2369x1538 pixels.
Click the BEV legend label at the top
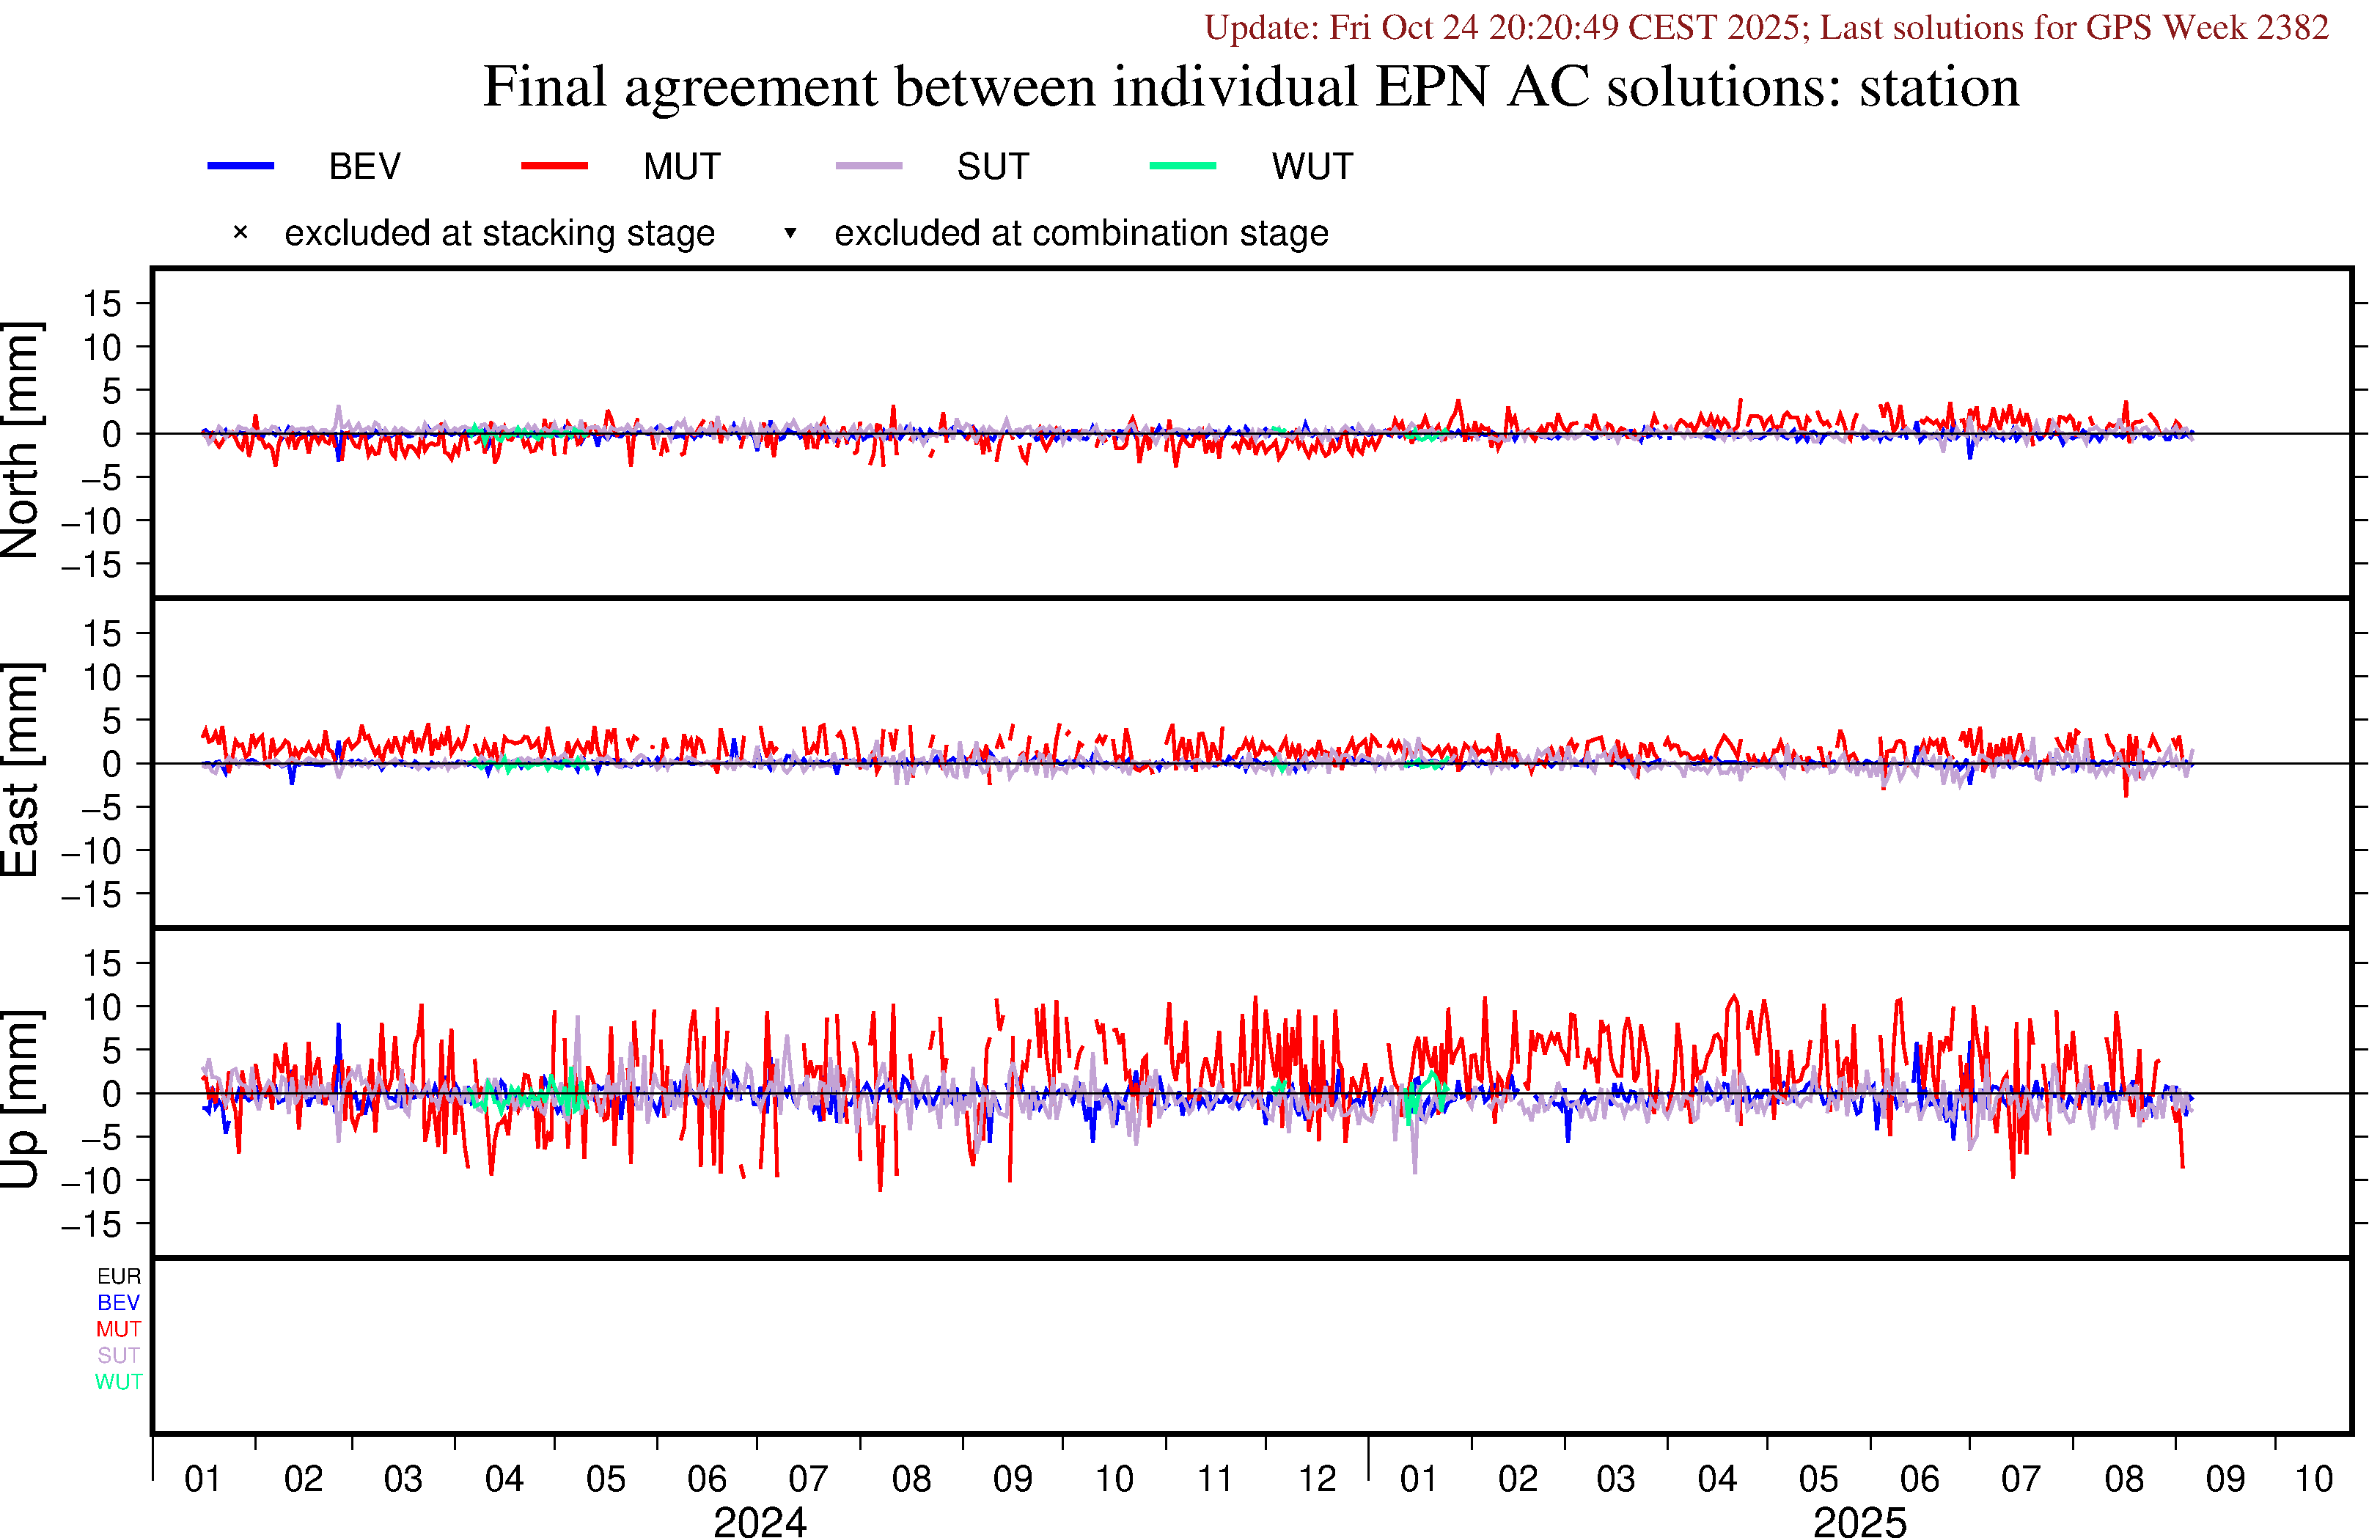364,166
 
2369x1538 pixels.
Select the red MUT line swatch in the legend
554,165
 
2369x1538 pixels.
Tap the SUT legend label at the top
992,166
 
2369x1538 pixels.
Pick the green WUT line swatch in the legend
1183,165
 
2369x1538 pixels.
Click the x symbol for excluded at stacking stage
240,233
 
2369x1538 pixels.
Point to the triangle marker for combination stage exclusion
790,233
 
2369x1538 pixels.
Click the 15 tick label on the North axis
101,303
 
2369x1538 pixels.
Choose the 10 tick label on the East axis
101,678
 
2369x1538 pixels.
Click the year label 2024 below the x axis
760,1521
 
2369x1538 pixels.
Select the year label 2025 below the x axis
1859,1521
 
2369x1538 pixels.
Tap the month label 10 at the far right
2313,1479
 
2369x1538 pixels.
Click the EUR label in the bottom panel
119,1276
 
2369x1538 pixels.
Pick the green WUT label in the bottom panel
119,1382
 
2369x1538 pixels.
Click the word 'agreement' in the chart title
752,87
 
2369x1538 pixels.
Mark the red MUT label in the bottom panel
119,1329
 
